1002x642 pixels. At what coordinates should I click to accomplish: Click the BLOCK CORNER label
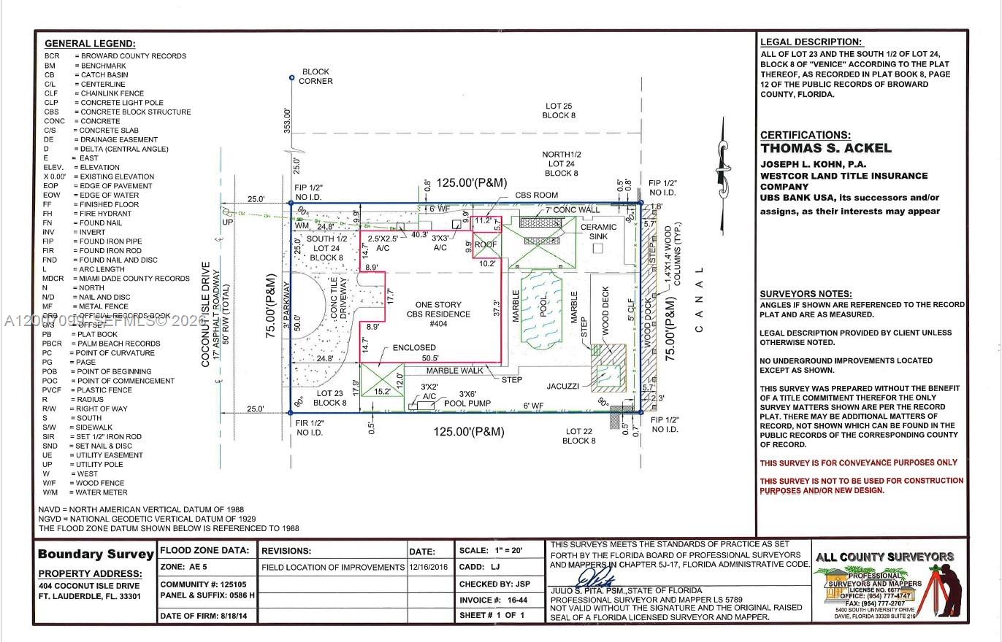315,77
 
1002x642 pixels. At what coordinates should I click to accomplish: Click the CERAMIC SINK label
598,231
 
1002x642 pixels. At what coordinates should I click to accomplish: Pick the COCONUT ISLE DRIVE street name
206,314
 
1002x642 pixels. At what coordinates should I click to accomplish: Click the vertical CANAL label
699,299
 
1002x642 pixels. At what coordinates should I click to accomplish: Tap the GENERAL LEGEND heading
90,44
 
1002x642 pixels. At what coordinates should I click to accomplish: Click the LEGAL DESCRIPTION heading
811,42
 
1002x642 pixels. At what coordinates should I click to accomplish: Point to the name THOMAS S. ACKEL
825,148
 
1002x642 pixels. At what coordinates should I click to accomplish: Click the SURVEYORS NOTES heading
805,293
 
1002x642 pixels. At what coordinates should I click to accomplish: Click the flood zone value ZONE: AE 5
188,567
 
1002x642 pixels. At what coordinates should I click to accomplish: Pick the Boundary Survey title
96,554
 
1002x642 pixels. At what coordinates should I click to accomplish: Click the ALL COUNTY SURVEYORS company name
884,557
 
